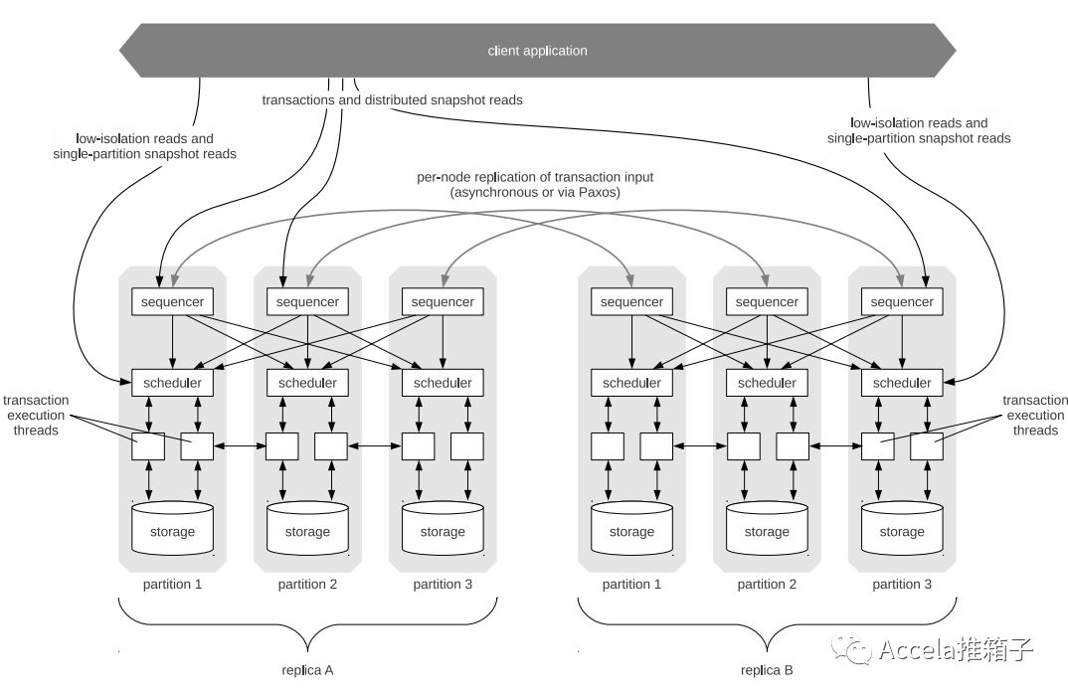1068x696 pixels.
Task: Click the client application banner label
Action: point(537,51)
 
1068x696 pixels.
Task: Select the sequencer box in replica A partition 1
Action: point(172,301)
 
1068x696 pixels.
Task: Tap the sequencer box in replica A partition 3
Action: point(443,301)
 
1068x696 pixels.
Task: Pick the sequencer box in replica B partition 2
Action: point(767,301)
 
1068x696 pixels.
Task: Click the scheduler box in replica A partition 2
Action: point(307,383)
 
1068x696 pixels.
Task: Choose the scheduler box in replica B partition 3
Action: point(902,383)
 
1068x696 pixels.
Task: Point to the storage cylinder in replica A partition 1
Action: point(172,528)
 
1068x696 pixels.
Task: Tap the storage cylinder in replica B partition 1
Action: point(632,528)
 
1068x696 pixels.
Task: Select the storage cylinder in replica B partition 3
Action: point(902,528)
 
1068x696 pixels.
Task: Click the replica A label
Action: point(308,670)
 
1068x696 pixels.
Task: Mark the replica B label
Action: point(767,670)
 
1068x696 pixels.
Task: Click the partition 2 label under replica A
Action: point(307,585)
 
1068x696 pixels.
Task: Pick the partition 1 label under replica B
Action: point(631,585)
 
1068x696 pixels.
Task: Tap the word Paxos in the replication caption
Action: point(598,192)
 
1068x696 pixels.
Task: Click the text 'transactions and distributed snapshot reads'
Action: point(393,100)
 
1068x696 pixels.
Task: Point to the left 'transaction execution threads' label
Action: point(36,416)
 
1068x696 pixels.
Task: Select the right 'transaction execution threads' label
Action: point(1034,416)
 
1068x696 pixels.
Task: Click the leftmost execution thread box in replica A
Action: point(148,446)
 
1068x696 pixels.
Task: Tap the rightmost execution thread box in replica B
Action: point(927,446)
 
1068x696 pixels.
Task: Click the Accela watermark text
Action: point(956,649)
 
